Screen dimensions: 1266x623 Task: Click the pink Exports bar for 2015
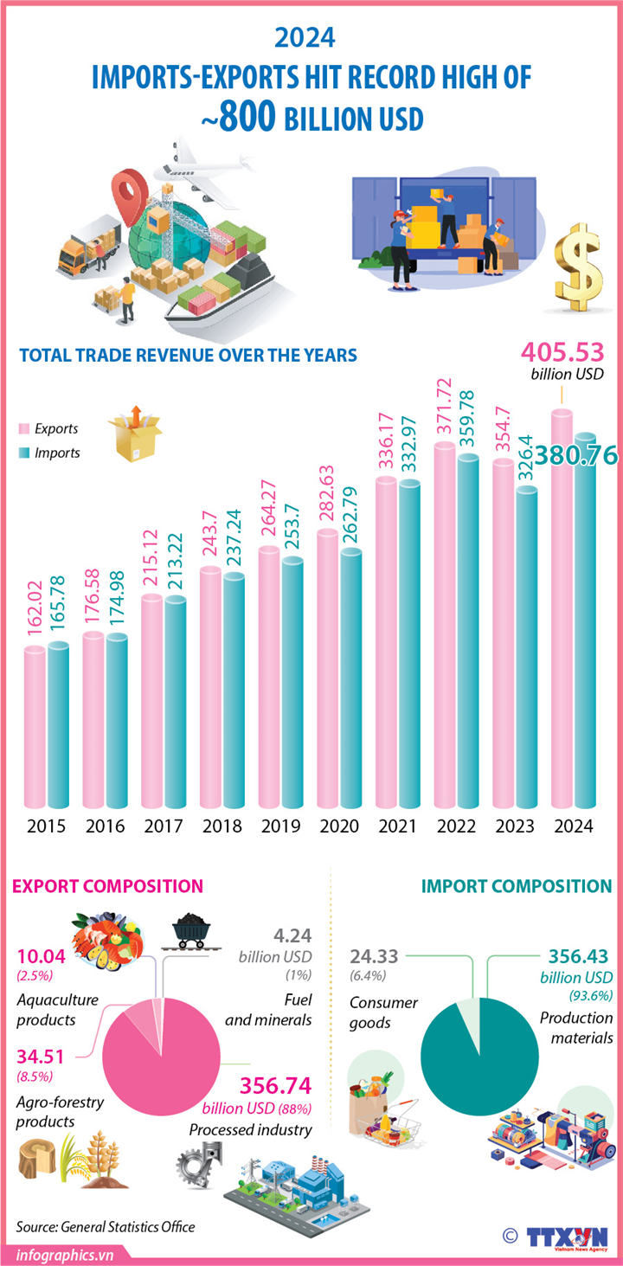(35, 727)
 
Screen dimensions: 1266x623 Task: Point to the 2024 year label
(573, 826)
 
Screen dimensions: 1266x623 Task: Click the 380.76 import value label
(574, 456)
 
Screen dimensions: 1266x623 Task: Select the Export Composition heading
(107, 886)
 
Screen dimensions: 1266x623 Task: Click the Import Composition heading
(517, 886)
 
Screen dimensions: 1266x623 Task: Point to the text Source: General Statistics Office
(106, 1226)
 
